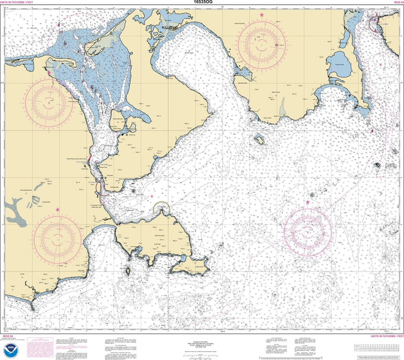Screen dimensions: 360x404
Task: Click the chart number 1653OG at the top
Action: click(202, 2)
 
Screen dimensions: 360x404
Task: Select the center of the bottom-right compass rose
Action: click(307, 229)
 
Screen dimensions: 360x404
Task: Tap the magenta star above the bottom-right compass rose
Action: click(308, 203)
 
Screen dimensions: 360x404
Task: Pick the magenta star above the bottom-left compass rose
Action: click(57, 210)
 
